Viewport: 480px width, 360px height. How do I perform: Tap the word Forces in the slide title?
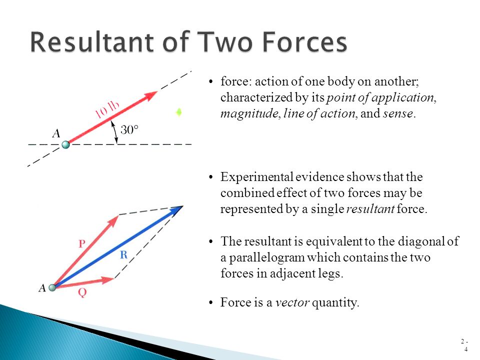300,43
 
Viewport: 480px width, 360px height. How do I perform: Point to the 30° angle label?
129,130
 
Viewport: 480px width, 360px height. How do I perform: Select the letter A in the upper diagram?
56,133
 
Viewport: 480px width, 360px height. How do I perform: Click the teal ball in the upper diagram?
65,145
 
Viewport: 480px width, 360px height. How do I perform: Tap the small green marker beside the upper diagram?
178,112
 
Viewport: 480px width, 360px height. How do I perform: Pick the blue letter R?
124,255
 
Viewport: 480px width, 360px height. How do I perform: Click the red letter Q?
82,294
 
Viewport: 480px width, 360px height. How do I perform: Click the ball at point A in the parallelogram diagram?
52,287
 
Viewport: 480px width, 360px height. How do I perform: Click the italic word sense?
398,113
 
